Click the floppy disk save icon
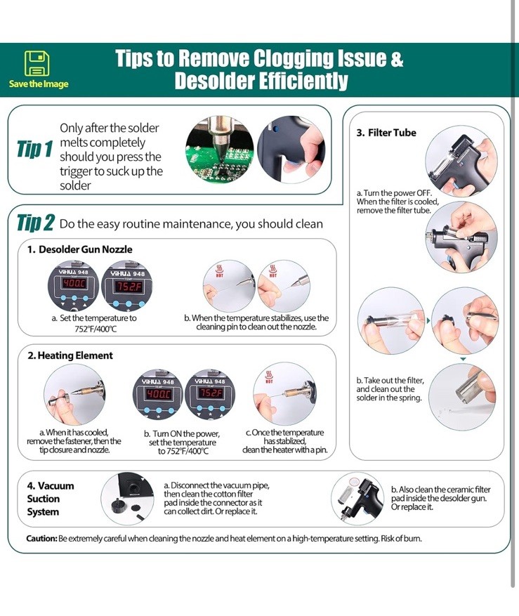tap(37, 63)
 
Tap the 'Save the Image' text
tap(39, 84)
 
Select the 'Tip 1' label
tap(34, 150)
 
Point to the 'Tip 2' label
tap(35, 223)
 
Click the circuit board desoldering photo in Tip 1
tap(220, 150)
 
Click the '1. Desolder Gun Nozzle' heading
tap(80, 249)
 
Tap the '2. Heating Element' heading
tap(70, 355)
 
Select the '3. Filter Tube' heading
tap(386, 133)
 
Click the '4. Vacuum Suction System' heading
tap(51, 499)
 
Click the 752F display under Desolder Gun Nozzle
tap(127, 286)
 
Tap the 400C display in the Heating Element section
tap(158, 394)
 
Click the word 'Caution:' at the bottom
tap(41, 539)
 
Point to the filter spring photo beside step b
tap(462, 396)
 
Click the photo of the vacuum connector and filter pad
tap(127, 499)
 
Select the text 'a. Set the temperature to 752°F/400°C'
tap(94, 323)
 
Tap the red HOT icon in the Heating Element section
tap(269, 376)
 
